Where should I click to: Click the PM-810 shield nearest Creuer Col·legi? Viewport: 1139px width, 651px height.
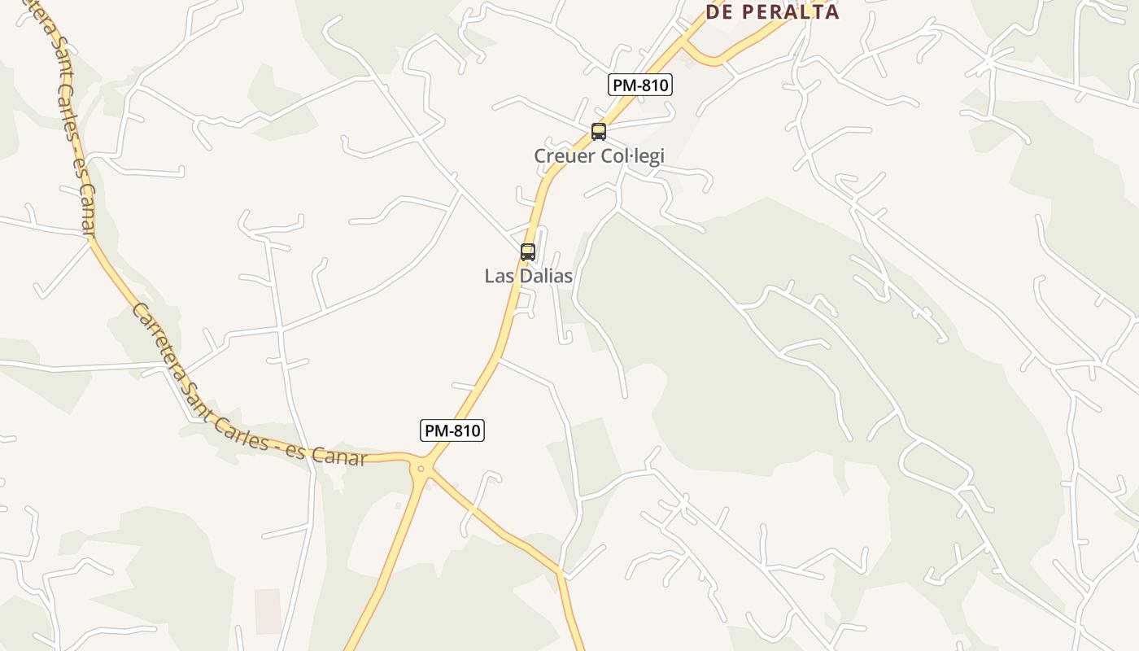click(640, 84)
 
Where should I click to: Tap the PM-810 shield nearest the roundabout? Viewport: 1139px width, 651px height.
click(452, 430)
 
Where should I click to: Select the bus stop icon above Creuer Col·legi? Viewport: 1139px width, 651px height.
click(599, 131)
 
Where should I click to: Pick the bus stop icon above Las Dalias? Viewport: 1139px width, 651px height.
click(528, 251)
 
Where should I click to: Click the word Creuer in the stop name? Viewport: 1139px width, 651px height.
click(564, 155)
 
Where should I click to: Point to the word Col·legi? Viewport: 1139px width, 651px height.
click(632, 155)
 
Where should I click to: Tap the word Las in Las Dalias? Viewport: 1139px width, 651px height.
click(498, 276)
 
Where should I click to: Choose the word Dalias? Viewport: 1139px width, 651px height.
click(544, 276)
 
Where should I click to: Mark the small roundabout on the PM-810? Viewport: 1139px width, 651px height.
click(421, 468)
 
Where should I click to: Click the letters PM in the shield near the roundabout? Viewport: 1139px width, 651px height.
click(436, 430)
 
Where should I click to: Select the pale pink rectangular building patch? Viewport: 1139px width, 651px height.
click(268, 610)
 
